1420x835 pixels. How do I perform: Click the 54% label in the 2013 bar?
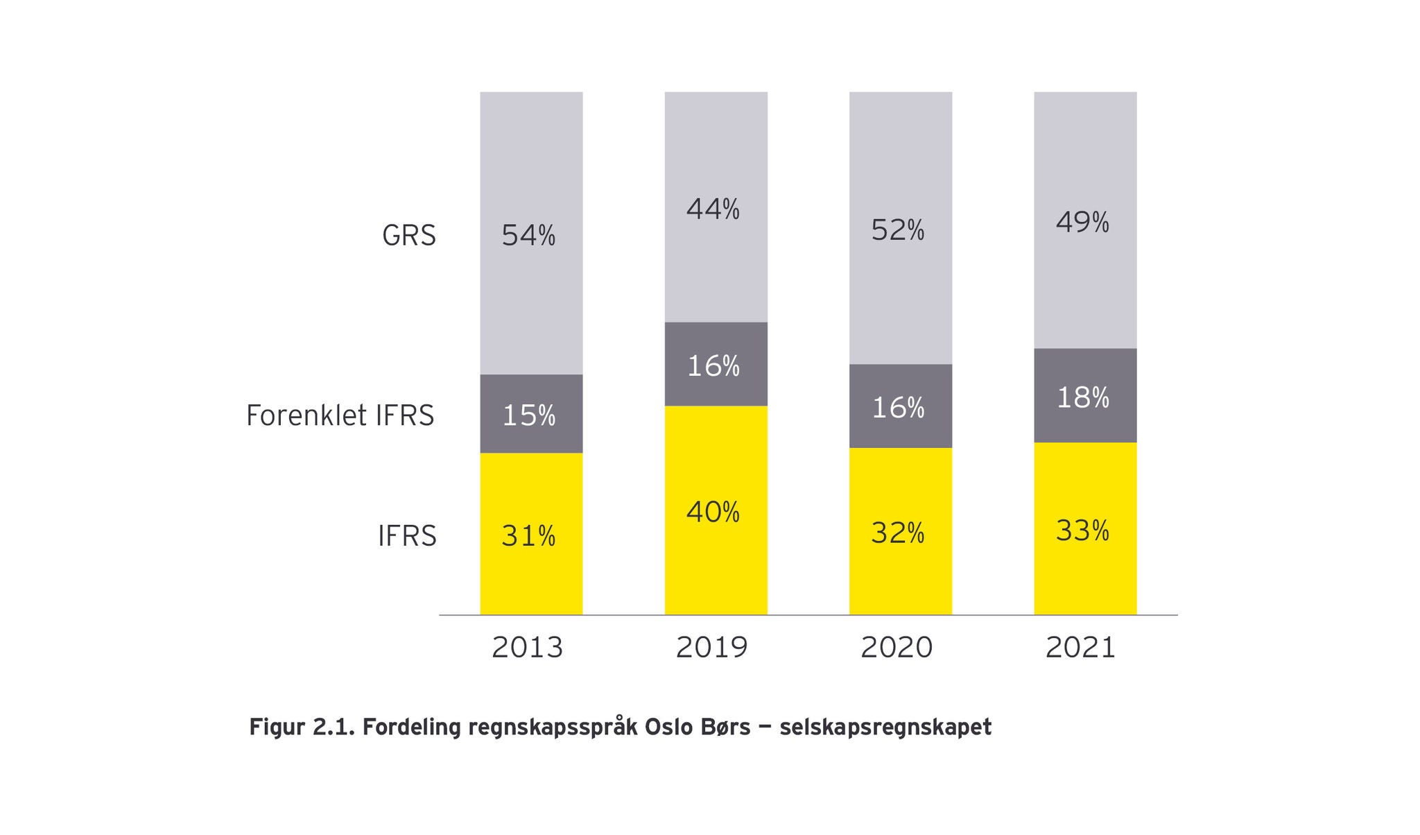528,236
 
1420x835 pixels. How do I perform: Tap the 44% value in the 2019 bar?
713,209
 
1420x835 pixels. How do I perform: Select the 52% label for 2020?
898,230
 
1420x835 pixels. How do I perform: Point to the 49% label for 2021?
1082,223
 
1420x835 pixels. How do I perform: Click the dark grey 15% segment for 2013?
531,414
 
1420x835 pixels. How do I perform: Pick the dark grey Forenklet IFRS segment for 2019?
716,364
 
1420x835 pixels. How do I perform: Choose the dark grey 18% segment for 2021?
1085,396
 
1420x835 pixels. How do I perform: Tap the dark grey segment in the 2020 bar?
900,406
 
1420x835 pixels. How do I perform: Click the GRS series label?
409,236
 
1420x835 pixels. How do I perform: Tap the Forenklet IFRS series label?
340,415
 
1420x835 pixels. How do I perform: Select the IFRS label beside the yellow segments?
407,536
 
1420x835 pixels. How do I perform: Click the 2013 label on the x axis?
527,648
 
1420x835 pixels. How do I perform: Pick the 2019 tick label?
712,648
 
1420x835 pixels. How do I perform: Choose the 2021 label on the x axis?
1080,648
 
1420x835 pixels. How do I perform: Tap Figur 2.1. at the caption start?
302,728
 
